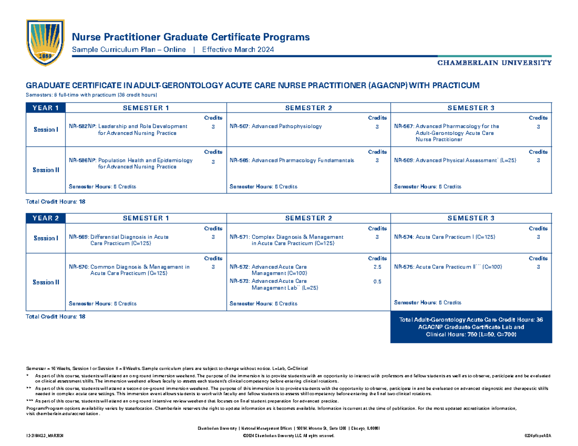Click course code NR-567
[404, 126]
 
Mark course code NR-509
[404, 160]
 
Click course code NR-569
[78, 237]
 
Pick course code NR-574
[404, 237]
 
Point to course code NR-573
[239, 281]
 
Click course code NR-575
[404, 267]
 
